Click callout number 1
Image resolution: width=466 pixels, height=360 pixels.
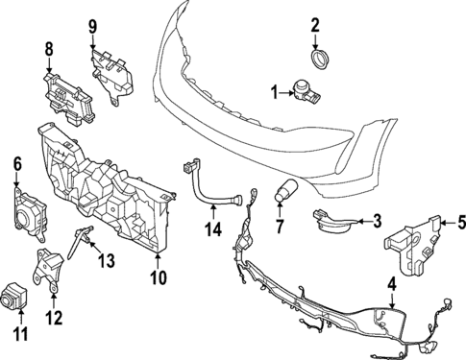[275, 92]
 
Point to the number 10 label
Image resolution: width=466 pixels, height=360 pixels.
[159, 281]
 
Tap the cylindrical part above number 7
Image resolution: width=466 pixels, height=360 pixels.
[285, 190]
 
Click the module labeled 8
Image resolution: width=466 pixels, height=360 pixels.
[65, 94]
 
